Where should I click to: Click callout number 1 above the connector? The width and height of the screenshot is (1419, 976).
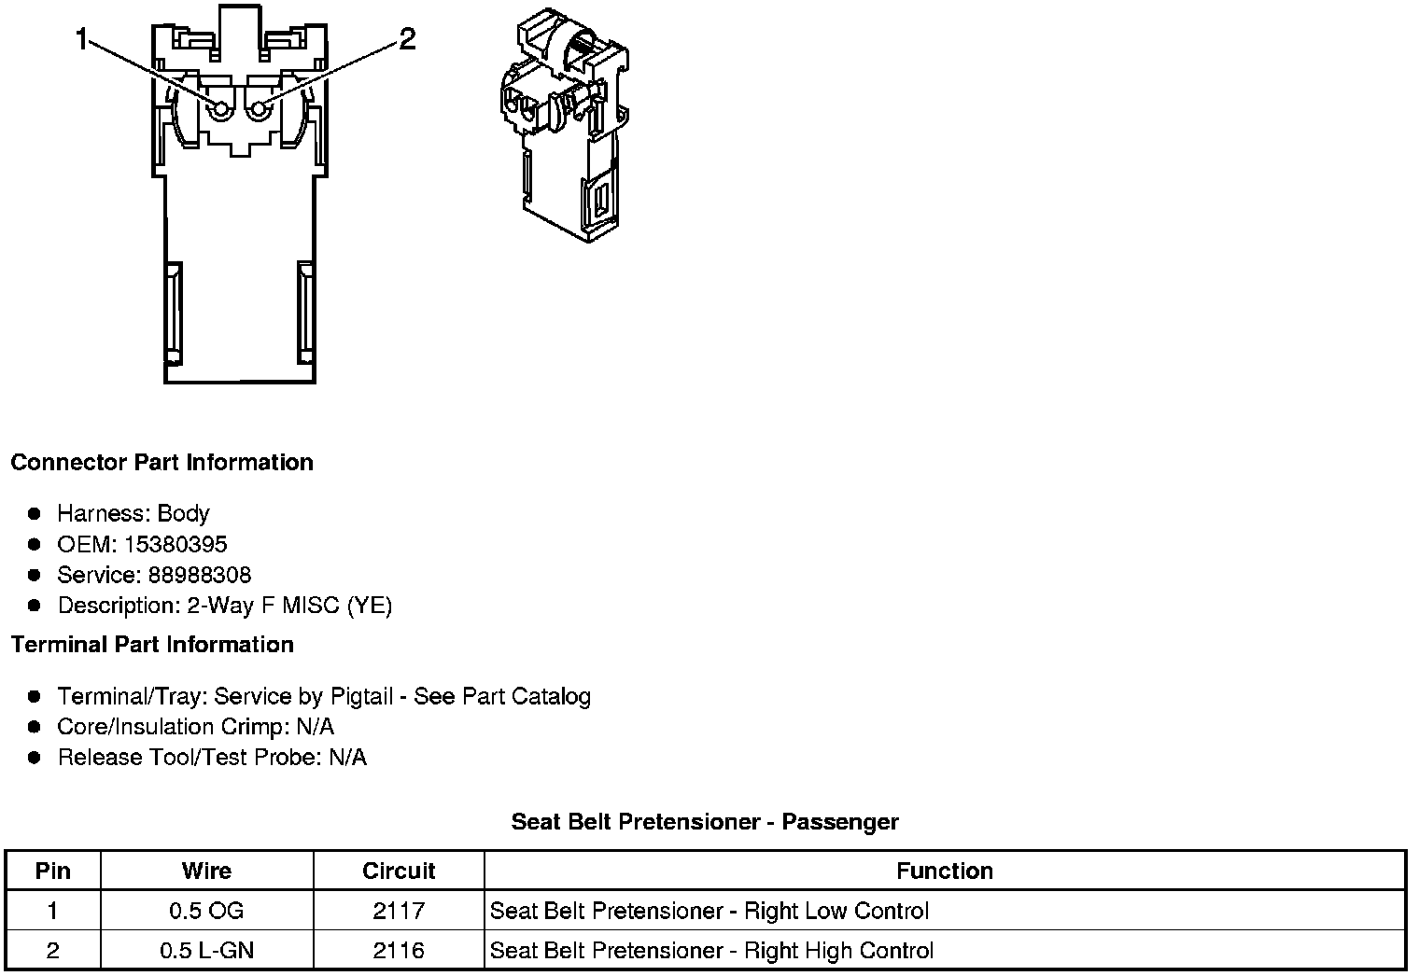(82, 40)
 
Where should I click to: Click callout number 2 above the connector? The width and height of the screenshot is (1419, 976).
(407, 39)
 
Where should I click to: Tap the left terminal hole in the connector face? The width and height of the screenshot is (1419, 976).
(220, 110)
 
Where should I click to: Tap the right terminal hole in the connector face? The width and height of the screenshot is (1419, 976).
(258, 110)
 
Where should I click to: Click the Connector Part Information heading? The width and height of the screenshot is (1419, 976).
(162, 463)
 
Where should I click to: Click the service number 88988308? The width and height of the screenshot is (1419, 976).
(200, 575)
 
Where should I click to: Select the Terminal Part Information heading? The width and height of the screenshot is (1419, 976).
(152, 645)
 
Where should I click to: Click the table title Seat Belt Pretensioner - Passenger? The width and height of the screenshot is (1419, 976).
(705, 822)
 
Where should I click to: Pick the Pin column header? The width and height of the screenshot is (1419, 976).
(53, 871)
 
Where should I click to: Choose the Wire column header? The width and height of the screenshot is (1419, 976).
(206, 871)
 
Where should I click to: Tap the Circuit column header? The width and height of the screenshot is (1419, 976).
(399, 871)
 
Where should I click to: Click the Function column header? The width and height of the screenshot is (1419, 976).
(945, 871)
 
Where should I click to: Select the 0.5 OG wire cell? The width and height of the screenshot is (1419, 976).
(206, 911)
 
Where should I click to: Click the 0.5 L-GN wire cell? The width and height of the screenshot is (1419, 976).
(206, 951)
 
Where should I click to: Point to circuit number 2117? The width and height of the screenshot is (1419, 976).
(399, 911)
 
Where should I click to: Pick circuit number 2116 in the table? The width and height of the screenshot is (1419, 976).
(399, 951)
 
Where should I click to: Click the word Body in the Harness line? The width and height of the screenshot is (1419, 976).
(183, 513)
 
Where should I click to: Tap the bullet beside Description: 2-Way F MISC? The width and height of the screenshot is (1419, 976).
(35, 606)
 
